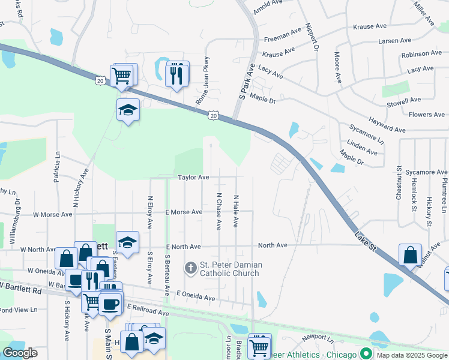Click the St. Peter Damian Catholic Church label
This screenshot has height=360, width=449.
229,269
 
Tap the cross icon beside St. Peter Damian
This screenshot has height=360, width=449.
190,268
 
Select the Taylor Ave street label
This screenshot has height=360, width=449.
193,178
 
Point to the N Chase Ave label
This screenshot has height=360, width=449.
219,211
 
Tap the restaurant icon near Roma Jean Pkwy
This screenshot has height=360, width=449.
176,74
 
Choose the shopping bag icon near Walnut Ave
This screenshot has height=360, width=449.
410,255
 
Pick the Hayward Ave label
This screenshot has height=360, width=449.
387,125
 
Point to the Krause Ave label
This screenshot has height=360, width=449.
370,26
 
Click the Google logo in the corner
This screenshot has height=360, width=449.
20,353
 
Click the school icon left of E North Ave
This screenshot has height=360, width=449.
127,242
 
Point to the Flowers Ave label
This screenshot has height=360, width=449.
426,115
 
